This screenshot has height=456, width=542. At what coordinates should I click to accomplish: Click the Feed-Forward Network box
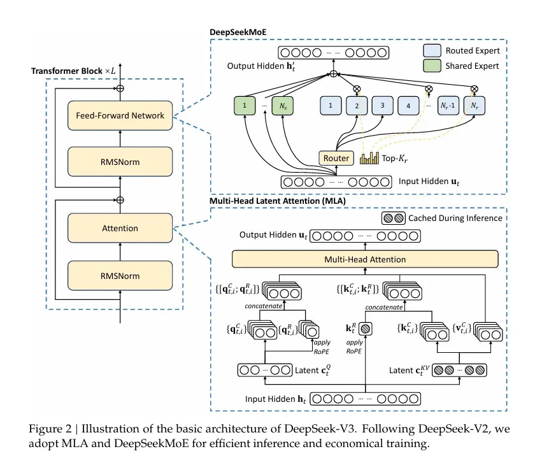point(120,115)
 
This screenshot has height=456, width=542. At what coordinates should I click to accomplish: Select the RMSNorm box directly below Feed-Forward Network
point(120,162)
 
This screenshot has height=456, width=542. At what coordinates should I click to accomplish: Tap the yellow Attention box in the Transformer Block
point(120,227)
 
